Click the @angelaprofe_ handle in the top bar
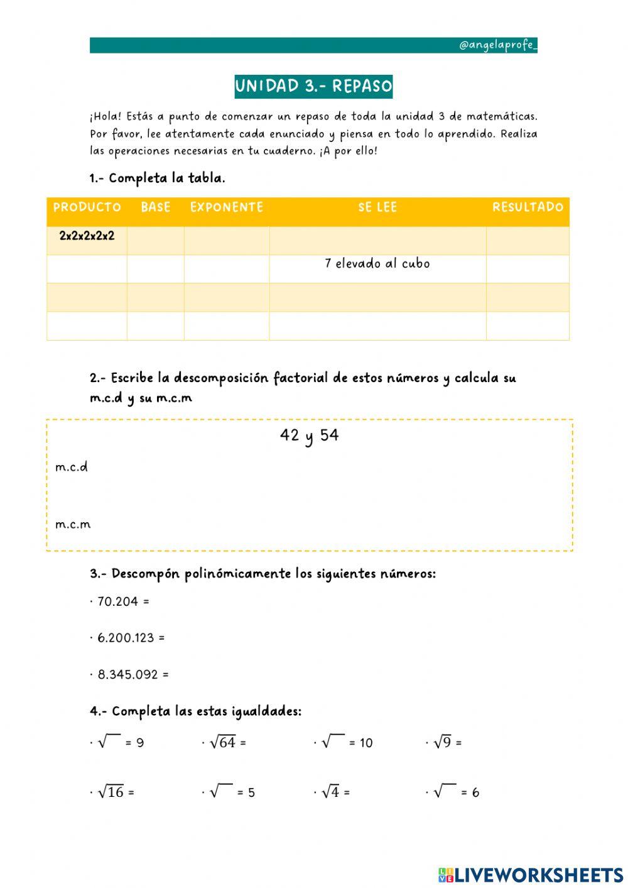pyautogui.click(x=497, y=45)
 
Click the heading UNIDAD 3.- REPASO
pyautogui.click(x=313, y=86)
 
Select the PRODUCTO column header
pyautogui.click(x=87, y=207)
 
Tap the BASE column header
pyautogui.click(x=156, y=207)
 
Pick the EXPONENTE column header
pyautogui.click(x=226, y=207)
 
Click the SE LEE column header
pyautogui.click(x=377, y=207)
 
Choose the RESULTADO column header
pyautogui.click(x=528, y=207)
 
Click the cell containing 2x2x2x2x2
pyautogui.click(x=87, y=236)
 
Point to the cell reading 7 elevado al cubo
pyautogui.click(x=377, y=264)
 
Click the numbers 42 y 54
pyautogui.click(x=309, y=436)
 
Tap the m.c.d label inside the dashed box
pyautogui.click(x=72, y=467)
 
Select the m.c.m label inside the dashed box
pyautogui.click(x=73, y=524)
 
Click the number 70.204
pyautogui.click(x=117, y=601)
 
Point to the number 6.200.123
pyautogui.click(x=126, y=638)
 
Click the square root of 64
pyautogui.click(x=223, y=742)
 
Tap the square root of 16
pyautogui.click(x=111, y=792)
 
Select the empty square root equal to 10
pyautogui.click(x=333, y=742)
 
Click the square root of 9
pyautogui.click(x=443, y=742)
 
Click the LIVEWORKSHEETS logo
pyautogui.click(x=531, y=875)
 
